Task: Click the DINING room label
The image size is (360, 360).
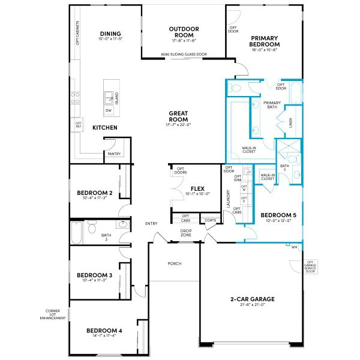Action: coord(111,34)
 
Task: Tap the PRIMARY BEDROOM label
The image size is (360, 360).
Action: coord(265,41)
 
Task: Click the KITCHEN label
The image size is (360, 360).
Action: coord(104,128)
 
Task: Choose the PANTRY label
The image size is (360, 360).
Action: coord(114,154)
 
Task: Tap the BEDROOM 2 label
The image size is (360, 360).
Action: coord(96,193)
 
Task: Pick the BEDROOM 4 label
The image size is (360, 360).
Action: coord(104,331)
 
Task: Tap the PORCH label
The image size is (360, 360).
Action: coord(175,263)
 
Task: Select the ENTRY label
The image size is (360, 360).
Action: coord(151,224)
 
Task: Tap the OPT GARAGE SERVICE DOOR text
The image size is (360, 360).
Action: coord(310,266)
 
